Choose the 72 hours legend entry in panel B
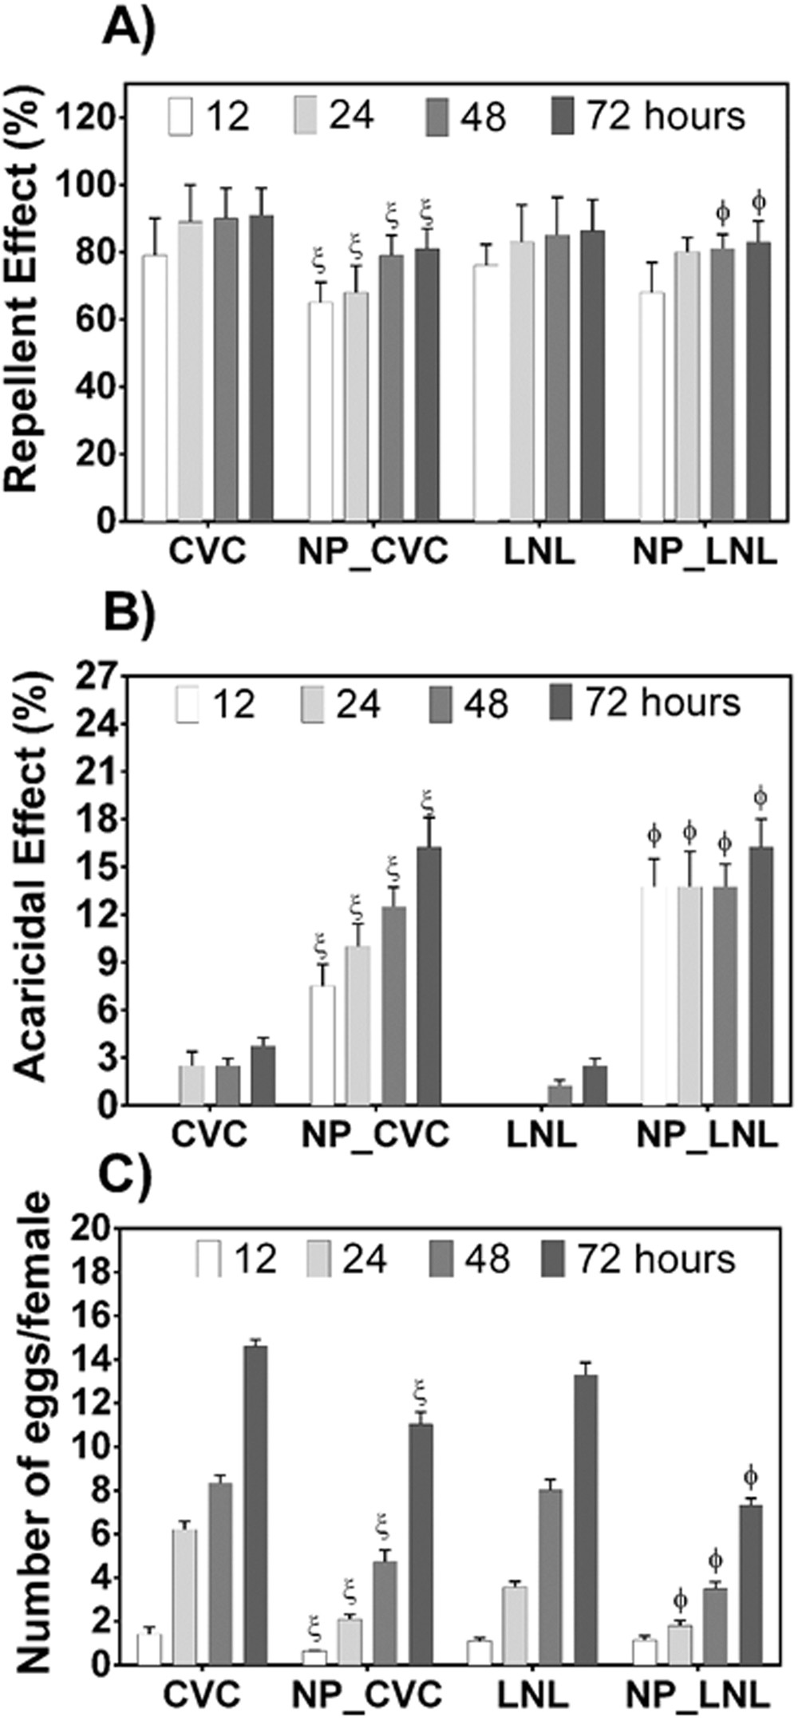646,702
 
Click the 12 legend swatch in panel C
210,1259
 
